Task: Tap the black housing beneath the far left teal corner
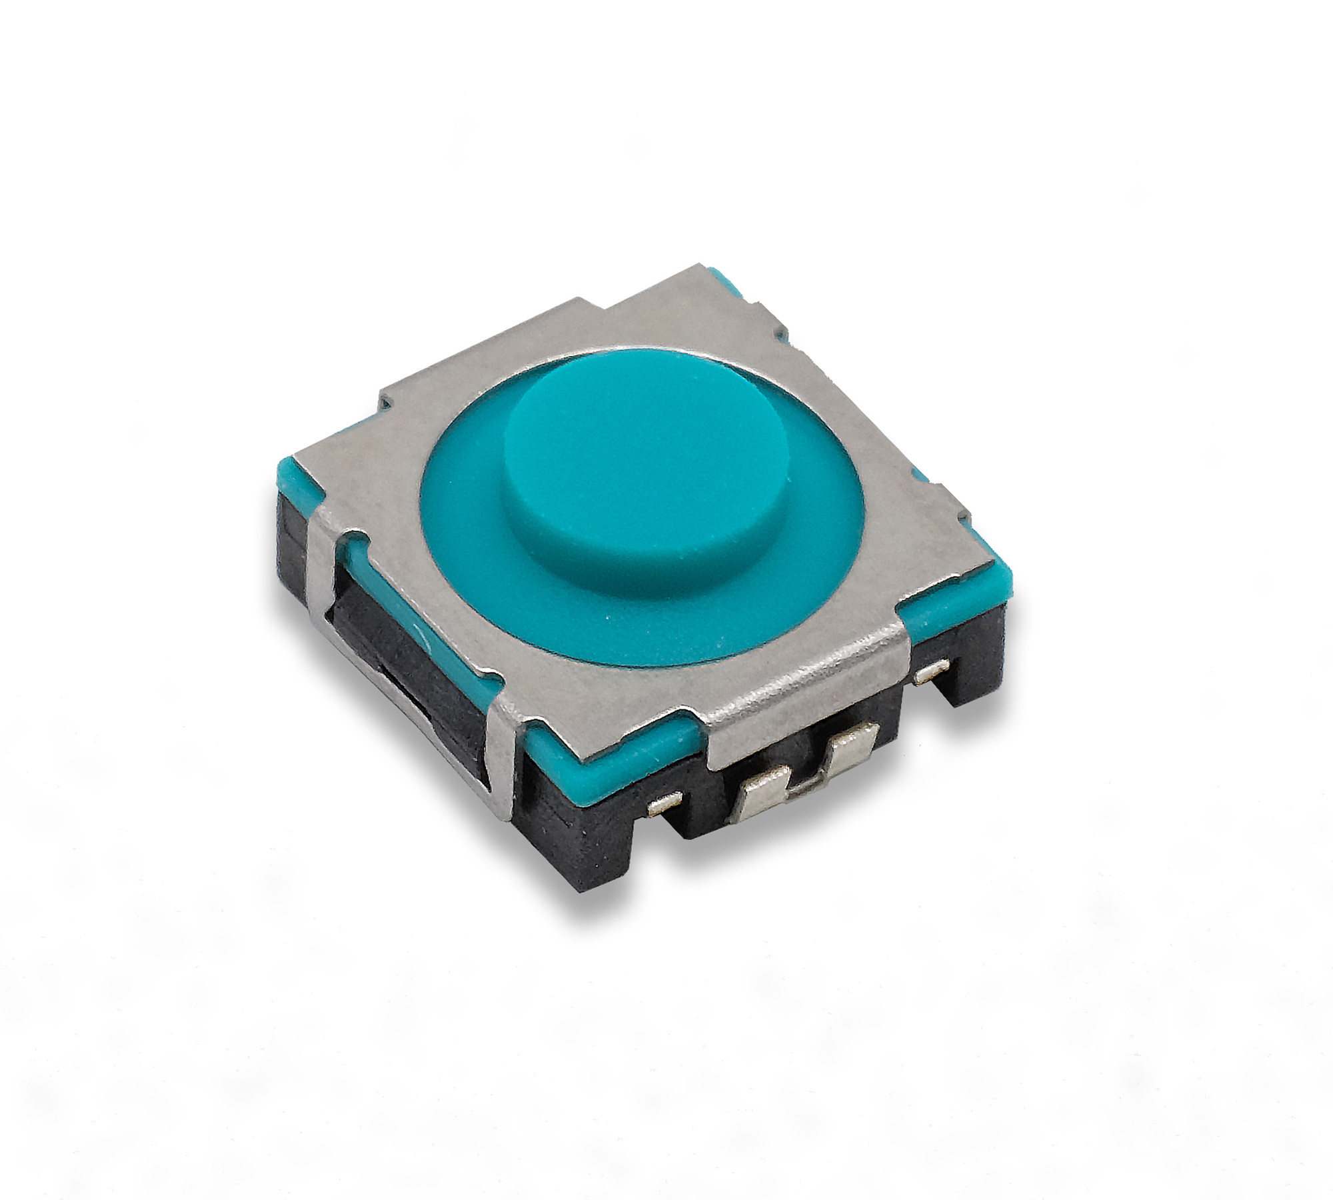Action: (293, 533)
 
